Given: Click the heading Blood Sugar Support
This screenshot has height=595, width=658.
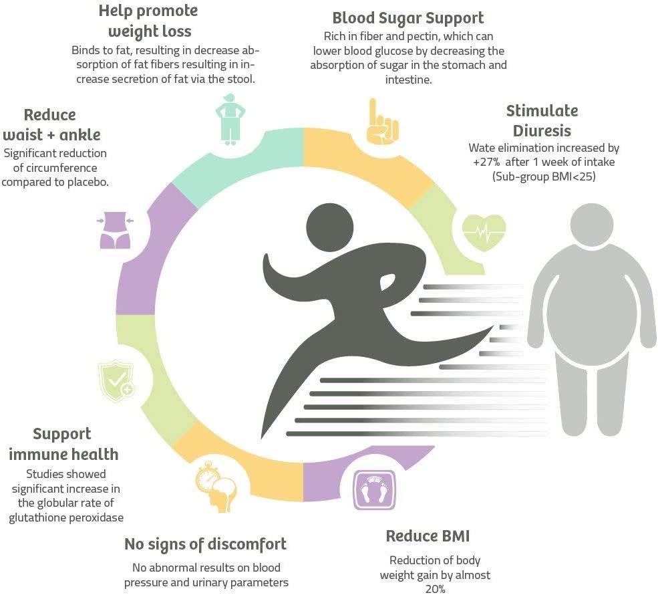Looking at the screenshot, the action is [408, 19].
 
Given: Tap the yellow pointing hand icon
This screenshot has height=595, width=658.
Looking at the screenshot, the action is [382, 122].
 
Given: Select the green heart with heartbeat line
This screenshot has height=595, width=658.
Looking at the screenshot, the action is [484, 233].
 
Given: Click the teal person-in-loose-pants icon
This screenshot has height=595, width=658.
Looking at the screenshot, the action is [230, 120].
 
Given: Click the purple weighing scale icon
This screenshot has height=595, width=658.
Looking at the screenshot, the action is [374, 489].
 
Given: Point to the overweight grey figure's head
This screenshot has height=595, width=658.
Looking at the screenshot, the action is [592, 225].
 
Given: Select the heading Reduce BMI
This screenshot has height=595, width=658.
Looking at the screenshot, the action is [428, 536].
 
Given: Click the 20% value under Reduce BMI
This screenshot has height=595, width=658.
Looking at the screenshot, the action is [435, 589].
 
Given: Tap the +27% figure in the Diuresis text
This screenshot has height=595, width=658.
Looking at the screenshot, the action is [486, 162].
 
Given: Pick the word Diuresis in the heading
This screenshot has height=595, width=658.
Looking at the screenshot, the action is [542, 130].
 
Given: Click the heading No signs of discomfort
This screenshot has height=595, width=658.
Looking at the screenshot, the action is [205, 544].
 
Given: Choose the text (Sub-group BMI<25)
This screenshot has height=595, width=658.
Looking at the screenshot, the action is [544, 176].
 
